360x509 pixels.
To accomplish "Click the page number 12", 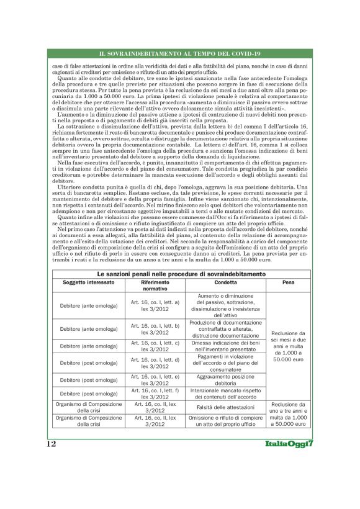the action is tap(51, 444).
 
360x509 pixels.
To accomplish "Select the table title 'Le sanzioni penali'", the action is tap(179, 274).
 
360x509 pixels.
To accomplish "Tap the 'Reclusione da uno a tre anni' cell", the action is tap(289, 414).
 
